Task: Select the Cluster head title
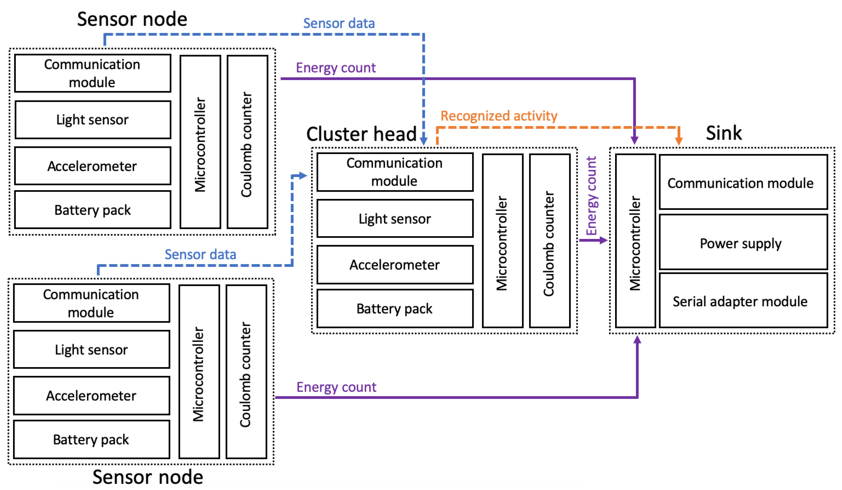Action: [x=361, y=134]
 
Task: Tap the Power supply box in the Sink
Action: [x=743, y=243]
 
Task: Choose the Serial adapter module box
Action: [x=743, y=301]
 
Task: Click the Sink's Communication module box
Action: [x=743, y=183]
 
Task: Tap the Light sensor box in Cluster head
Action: [x=395, y=219]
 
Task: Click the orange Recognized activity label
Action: [x=499, y=116]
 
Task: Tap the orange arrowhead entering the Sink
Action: [x=679, y=141]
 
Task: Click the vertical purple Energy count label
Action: [x=591, y=196]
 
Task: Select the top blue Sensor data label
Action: [x=339, y=23]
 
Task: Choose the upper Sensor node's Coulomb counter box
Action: [x=247, y=142]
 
